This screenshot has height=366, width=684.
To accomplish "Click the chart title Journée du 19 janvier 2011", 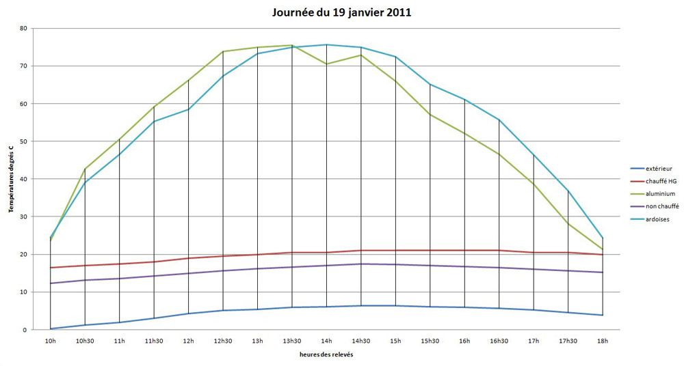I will (341, 12).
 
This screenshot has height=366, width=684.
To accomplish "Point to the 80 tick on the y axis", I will (24, 29).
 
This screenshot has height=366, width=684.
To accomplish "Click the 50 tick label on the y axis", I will (24, 141).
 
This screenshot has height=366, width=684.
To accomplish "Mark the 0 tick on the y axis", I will (25, 330).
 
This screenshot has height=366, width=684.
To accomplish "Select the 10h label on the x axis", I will (51, 340).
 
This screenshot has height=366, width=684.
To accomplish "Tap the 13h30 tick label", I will (292, 340).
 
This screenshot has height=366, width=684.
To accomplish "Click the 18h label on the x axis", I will (603, 340).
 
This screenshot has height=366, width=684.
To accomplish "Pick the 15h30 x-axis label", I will (430, 340).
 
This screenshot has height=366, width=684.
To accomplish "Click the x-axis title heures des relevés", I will (326, 354).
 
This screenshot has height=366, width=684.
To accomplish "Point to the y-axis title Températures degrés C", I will (10, 178).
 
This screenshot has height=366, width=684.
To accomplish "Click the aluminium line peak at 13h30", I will (292, 45).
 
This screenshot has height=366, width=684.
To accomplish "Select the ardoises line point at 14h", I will (326, 44).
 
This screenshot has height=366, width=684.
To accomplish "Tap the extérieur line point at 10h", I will (51, 328).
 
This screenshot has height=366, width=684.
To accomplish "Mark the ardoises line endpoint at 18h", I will (603, 238).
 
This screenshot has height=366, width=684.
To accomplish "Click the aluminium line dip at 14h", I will (326, 64).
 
